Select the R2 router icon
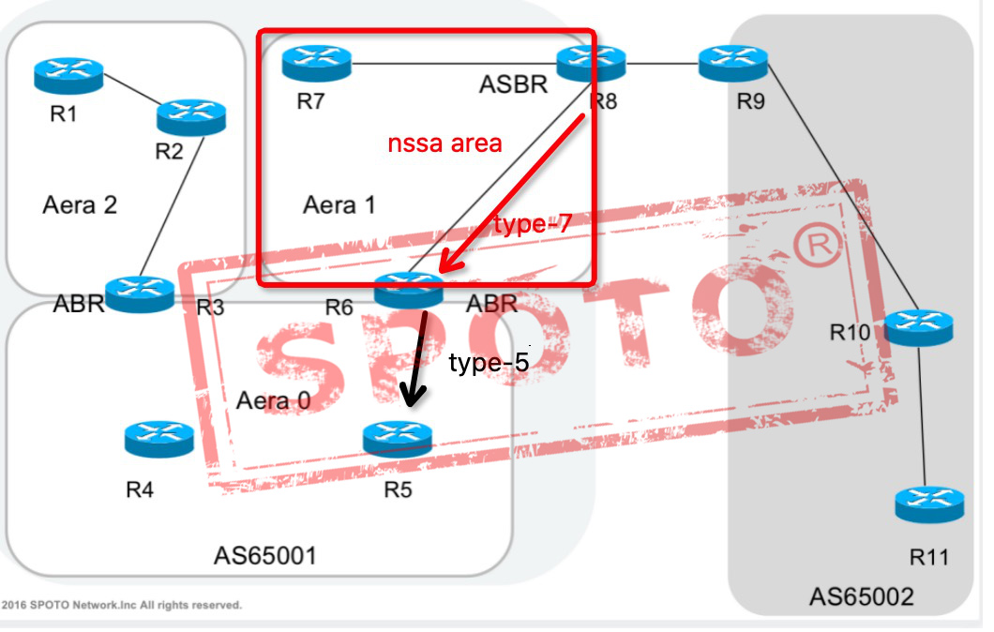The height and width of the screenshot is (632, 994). (191, 114)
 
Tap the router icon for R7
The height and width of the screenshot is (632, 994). (316, 63)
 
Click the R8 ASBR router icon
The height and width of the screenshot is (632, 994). (591, 63)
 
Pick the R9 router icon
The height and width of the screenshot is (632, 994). (733, 63)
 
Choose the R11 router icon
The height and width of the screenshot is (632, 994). (928, 504)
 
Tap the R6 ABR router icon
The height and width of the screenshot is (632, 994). (408, 290)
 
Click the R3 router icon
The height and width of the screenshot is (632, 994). (140, 293)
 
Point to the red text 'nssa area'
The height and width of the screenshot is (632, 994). (445, 143)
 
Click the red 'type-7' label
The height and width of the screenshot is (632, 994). (532, 223)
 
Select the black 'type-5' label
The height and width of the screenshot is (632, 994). (489, 363)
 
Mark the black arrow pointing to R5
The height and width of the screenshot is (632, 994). (415, 361)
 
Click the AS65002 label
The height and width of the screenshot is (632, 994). (862, 596)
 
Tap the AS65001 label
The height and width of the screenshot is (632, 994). (265, 556)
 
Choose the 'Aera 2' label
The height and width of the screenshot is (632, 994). (80, 204)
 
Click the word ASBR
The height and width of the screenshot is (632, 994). (513, 85)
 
